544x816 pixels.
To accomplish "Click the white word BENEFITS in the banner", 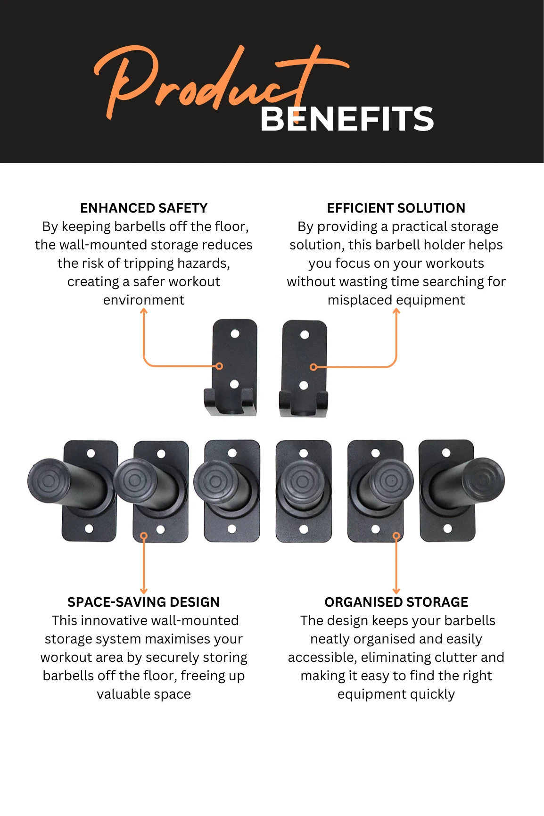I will click(346, 119).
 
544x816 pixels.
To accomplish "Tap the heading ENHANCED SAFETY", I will click(144, 208).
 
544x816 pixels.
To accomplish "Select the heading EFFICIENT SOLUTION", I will click(396, 208).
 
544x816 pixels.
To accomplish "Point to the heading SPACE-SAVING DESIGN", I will click(143, 602).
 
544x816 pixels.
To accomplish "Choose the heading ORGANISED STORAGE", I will click(396, 602).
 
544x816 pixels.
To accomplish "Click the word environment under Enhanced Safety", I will click(144, 300).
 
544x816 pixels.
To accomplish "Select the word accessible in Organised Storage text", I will click(322, 657).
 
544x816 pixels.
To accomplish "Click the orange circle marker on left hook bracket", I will click(219, 366).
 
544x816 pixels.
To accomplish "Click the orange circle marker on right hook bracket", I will click(313, 367).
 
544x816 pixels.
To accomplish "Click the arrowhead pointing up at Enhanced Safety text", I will click(144, 311).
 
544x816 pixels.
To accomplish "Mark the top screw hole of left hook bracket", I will click(235, 334).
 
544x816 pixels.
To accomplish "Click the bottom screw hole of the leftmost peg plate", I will click(89, 528).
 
